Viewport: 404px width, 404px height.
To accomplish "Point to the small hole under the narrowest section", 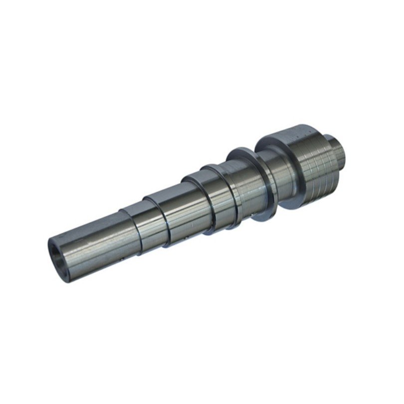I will pos(122,260).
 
